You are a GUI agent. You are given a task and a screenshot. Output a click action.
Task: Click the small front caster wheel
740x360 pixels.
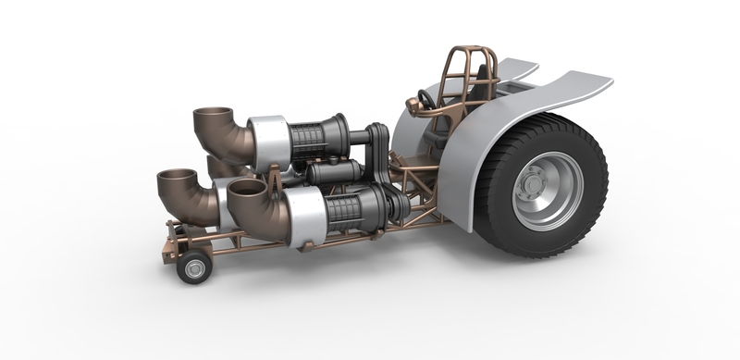click(x=194, y=267)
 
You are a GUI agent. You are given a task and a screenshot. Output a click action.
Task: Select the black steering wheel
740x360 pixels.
click(x=425, y=99)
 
